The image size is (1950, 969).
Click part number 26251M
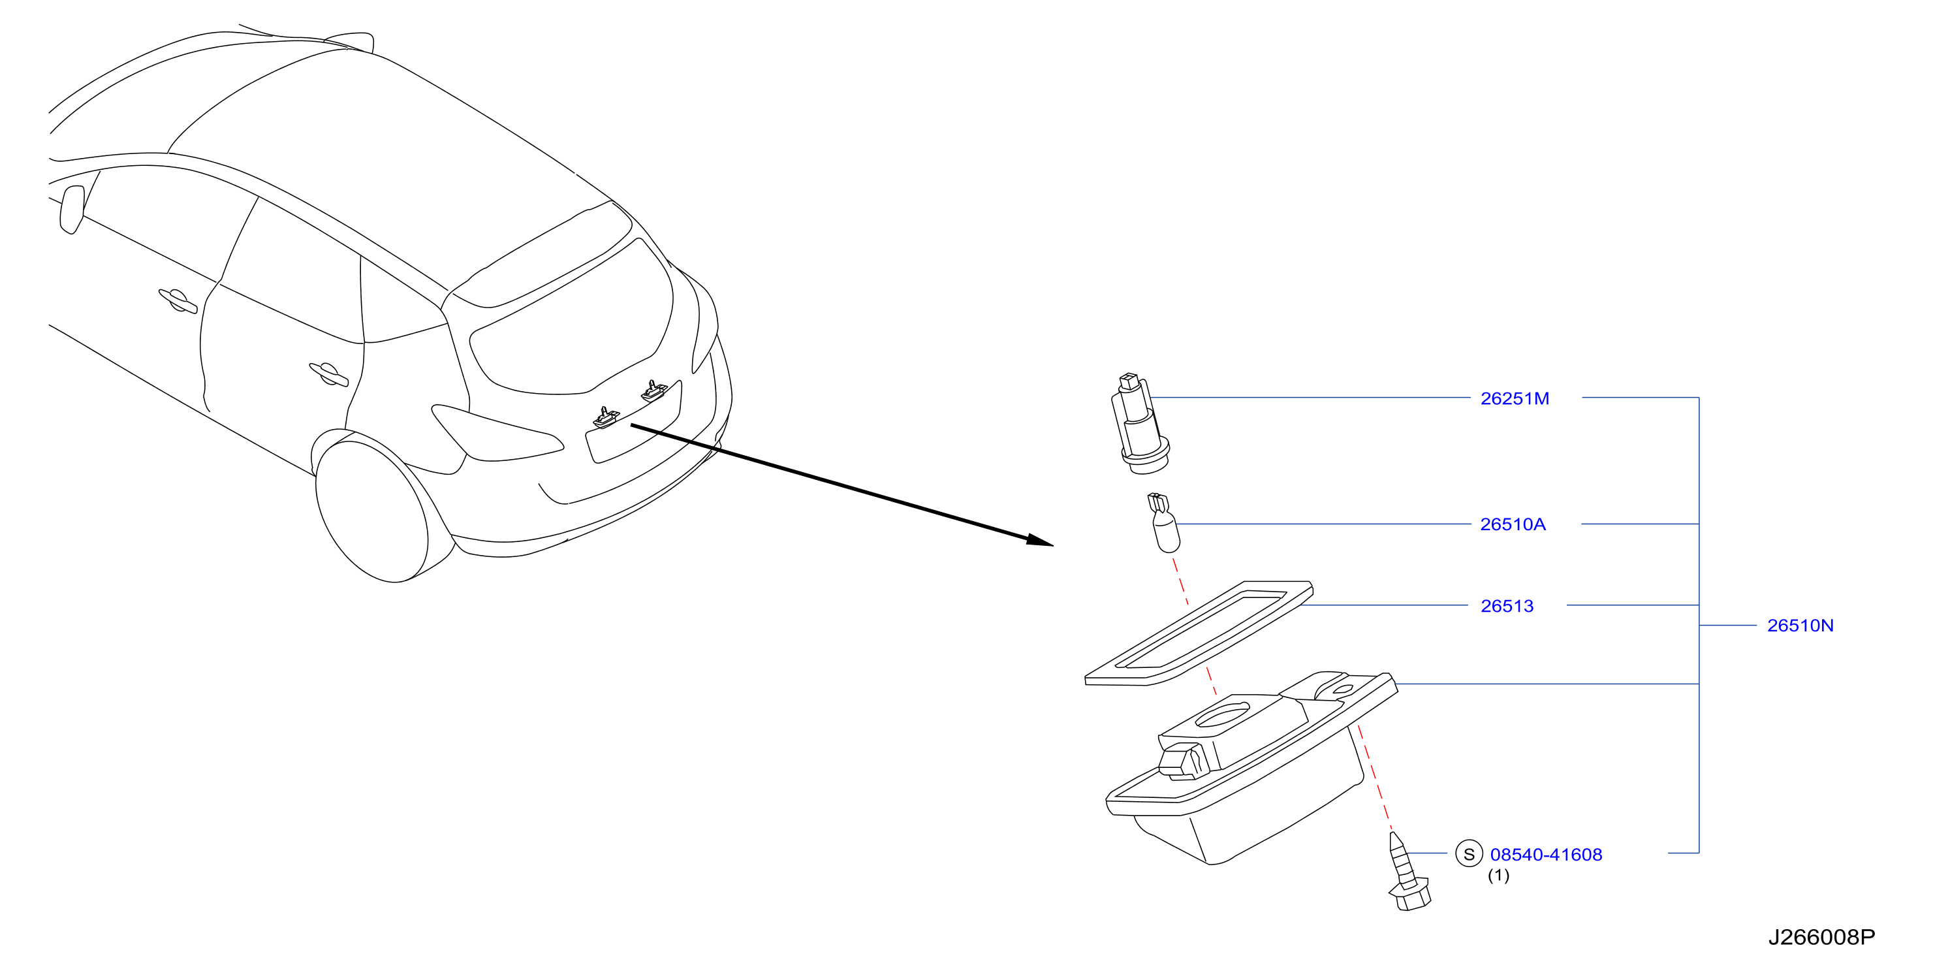(1515, 398)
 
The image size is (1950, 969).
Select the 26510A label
(1513, 524)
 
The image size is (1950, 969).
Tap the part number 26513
(1507, 606)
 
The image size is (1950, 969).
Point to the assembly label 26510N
(1800, 626)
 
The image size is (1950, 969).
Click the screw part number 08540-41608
(1546, 855)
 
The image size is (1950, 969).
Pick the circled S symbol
(1469, 854)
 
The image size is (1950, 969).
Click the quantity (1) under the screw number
(1498, 875)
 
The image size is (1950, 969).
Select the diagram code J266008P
(1821, 937)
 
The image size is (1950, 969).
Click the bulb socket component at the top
(1140, 423)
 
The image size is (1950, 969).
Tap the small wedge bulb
(1164, 522)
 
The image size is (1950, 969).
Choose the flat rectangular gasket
(1199, 633)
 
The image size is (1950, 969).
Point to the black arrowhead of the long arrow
(1041, 540)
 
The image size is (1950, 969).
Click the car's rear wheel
(371, 514)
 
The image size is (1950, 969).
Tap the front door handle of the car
(178, 300)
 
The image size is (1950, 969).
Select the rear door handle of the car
(328, 374)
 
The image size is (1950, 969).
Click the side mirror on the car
(72, 209)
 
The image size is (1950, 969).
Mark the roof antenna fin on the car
(351, 41)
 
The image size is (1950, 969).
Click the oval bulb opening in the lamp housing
(1222, 714)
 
